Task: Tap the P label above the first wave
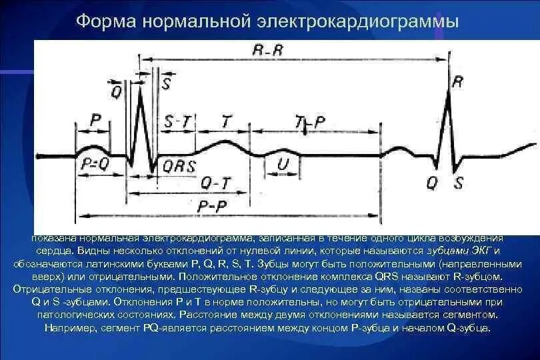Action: [96, 120]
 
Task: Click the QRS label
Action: [179, 167]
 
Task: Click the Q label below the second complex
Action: [433, 182]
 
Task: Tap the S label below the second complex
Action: [459, 182]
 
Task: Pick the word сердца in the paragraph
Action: [53, 251]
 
